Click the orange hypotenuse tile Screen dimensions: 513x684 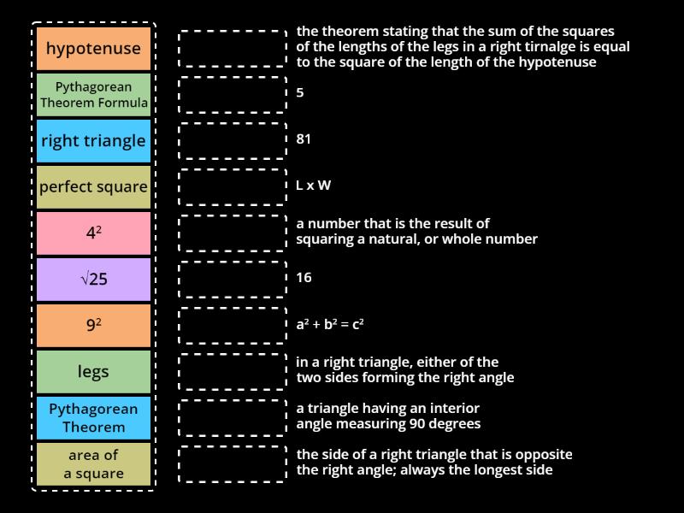click(x=93, y=49)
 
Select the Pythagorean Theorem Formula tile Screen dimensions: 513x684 click(x=93, y=95)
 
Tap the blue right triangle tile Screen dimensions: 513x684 click(x=93, y=141)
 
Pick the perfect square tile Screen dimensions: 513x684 click(x=93, y=187)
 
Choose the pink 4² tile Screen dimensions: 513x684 click(x=93, y=233)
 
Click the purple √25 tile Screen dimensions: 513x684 click(x=93, y=280)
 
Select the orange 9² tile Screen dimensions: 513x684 click(x=93, y=326)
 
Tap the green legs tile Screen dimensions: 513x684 click(x=93, y=372)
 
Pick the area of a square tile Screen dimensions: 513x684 click(x=93, y=464)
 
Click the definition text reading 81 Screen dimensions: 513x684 click(x=304, y=139)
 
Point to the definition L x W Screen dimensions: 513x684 click(x=314, y=185)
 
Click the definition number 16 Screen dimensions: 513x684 click(x=304, y=277)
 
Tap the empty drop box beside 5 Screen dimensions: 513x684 click(x=233, y=95)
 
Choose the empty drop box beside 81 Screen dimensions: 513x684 click(x=233, y=141)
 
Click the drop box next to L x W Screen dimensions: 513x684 click(x=233, y=187)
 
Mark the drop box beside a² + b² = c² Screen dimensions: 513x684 click(x=233, y=326)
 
